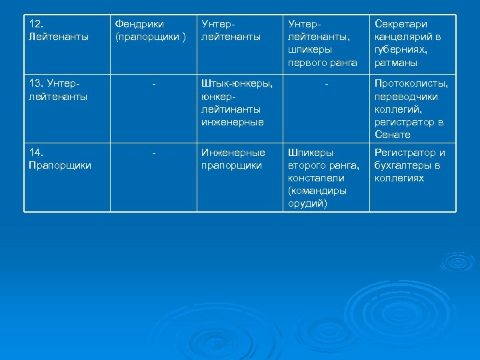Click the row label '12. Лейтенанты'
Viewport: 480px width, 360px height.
[59, 30]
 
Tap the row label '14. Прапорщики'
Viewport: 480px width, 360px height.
[61, 159]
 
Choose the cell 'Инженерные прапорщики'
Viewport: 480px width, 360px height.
[233, 159]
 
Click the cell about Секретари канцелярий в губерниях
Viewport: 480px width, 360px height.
[408, 43]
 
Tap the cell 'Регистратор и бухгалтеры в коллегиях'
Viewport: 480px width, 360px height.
[409, 165]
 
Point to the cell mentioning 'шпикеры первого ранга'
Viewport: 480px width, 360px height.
[322, 43]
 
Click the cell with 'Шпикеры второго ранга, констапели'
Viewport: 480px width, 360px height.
[323, 178]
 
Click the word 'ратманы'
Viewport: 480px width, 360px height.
[396, 63]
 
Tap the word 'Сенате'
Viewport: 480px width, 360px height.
[393, 135]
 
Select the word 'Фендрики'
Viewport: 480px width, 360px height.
[139, 24]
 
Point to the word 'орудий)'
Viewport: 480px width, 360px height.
[307, 203]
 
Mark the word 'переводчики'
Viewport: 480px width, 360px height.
[406, 97]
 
